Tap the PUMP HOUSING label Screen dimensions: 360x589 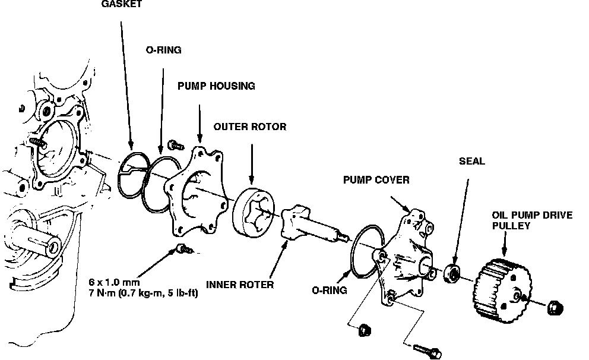216,86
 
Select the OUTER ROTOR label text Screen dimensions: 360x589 250,127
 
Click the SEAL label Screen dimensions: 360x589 471,161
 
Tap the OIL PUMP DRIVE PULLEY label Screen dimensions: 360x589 531,220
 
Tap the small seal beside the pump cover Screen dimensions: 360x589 453,273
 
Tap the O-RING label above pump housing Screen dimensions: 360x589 163,50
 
